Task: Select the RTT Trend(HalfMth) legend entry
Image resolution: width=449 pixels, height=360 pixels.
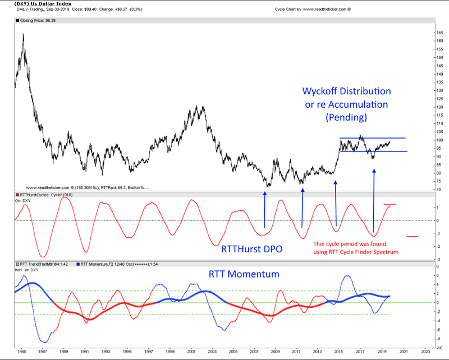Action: [x=43, y=263]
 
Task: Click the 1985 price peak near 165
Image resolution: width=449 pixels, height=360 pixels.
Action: [x=23, y=35]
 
